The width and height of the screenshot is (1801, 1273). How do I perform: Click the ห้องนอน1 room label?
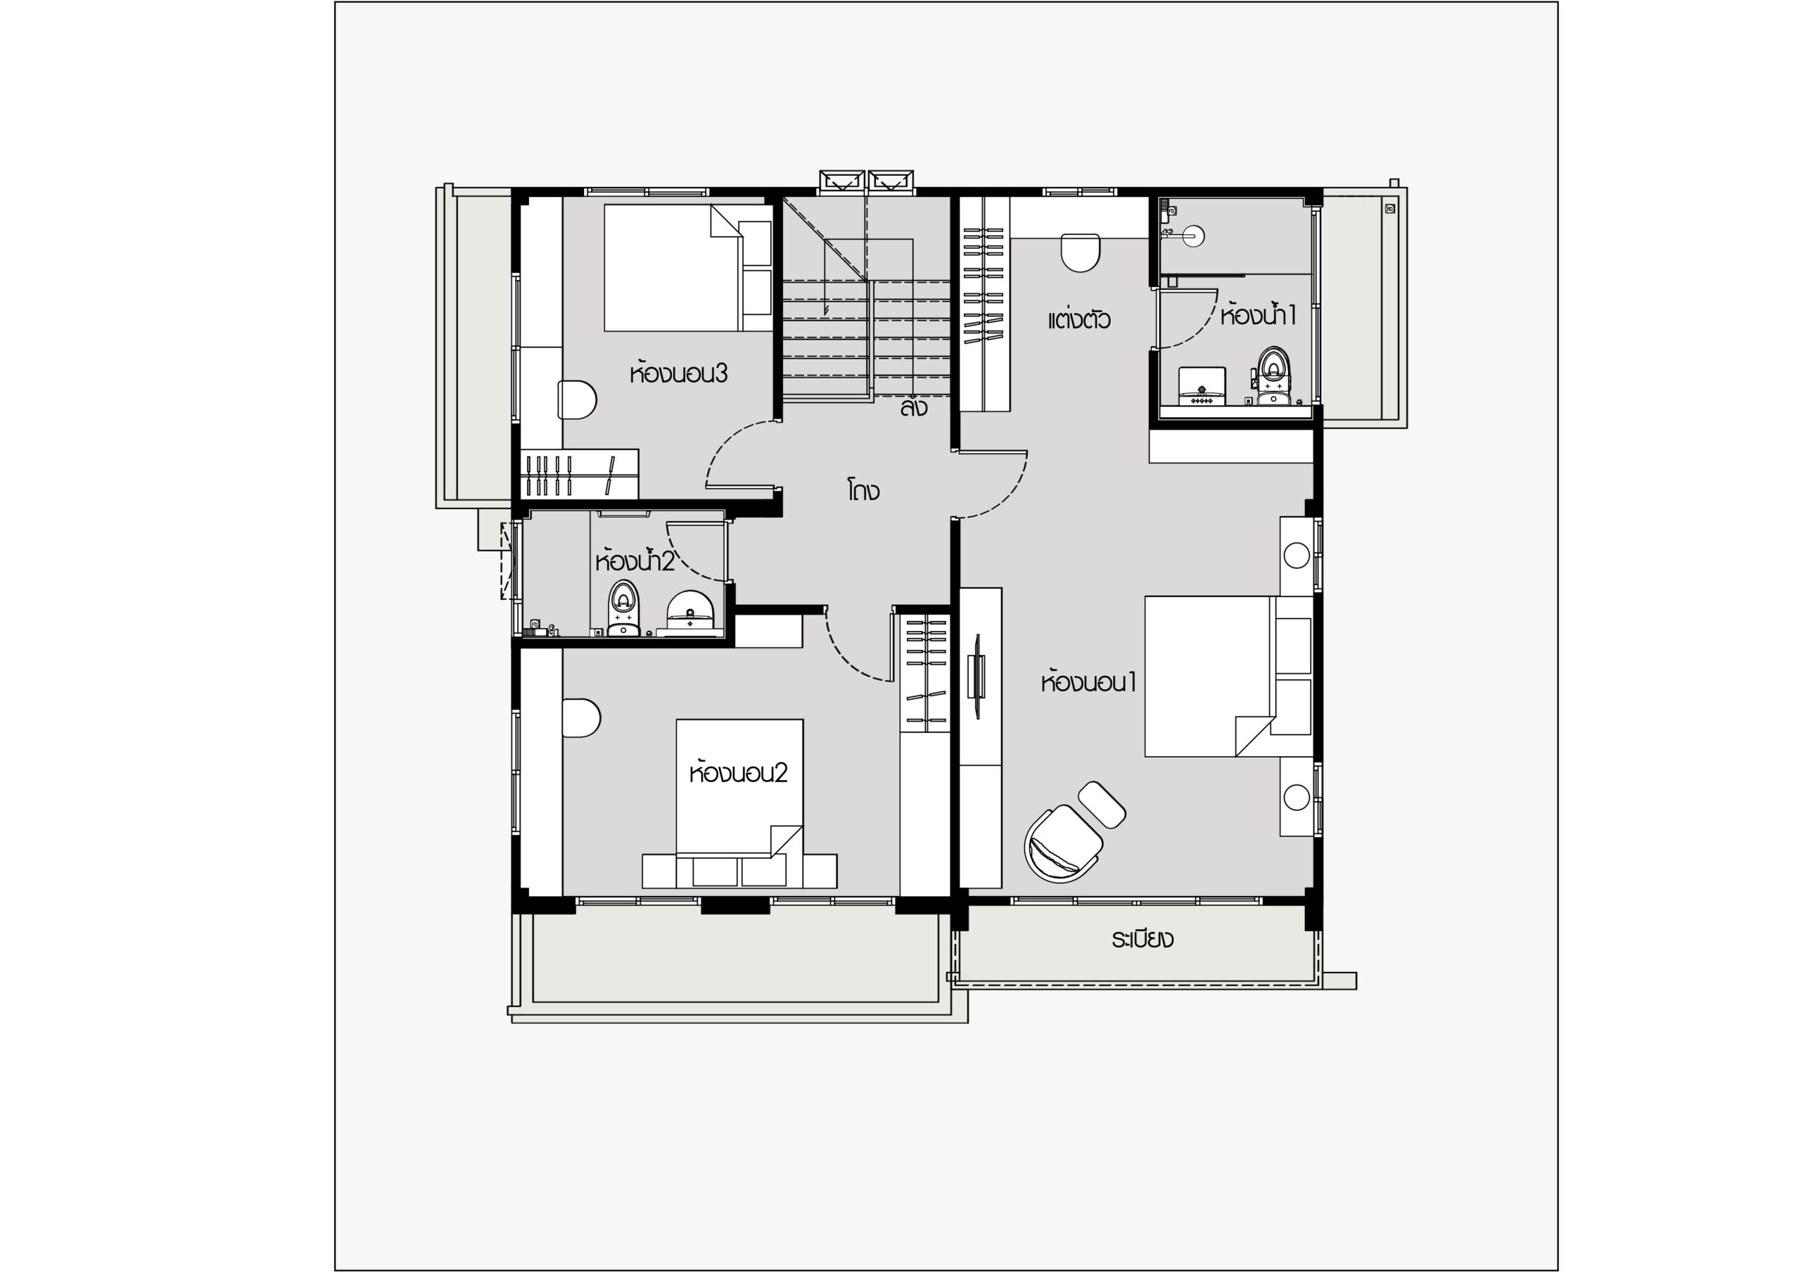1089,682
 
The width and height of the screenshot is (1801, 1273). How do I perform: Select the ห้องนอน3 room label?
678,373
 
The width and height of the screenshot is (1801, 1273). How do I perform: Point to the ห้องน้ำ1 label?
1257,314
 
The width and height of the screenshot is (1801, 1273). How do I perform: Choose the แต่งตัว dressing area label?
1079,320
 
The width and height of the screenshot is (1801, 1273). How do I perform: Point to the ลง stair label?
914,407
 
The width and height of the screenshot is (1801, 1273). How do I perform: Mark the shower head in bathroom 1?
1194,236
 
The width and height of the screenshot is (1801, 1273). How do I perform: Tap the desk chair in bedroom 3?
578,400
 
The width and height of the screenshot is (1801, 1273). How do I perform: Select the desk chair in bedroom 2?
582,717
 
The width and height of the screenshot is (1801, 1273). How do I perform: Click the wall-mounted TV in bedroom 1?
979,675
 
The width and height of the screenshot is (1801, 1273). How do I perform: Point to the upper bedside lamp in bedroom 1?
1297,556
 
